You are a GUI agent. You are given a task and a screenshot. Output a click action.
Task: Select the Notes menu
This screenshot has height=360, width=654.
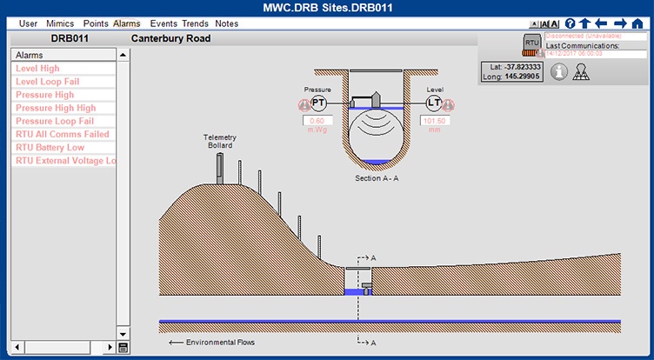pos(226,23)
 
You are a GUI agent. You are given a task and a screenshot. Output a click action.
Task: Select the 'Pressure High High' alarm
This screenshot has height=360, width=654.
pos(56,108)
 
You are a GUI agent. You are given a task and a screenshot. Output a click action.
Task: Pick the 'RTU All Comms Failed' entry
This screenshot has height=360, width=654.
pos(62,135)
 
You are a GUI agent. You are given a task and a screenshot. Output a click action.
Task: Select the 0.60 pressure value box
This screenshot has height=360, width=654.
pos(317,121)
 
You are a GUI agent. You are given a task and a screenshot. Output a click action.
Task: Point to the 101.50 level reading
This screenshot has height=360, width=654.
pos(434,121)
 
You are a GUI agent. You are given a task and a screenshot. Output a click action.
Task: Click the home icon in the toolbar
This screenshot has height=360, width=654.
pos(637,23)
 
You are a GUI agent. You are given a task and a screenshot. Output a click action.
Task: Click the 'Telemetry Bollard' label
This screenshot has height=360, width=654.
pos(220,141)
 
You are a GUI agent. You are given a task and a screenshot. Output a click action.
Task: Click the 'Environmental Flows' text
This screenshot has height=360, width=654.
pos(221,343)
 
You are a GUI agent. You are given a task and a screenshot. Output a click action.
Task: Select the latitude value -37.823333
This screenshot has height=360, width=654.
pos(523,66)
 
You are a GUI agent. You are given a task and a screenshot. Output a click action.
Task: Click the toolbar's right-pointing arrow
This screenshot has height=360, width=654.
pos(620,23)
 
